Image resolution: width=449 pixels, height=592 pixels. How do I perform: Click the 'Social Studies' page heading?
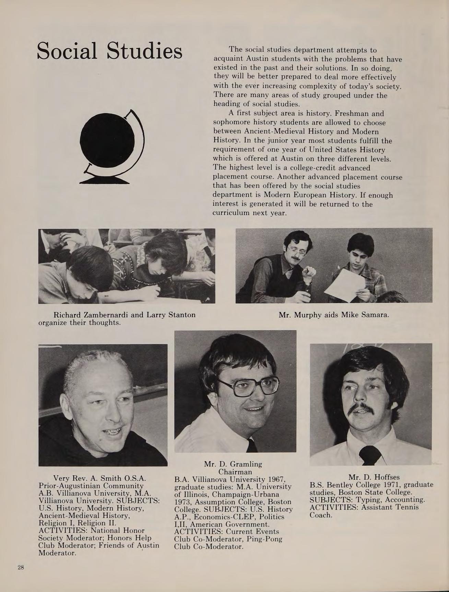[109, 51]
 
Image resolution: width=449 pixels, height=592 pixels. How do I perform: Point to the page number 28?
[21, 567]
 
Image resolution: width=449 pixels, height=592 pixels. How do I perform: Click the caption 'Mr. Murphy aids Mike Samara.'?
[334, 314]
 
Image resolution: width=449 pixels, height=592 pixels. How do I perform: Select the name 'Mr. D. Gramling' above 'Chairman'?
[233, 464]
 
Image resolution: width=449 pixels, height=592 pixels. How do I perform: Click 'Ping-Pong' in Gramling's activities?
[265, 539]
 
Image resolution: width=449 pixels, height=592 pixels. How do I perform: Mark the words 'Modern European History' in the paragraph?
[308, 195]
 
